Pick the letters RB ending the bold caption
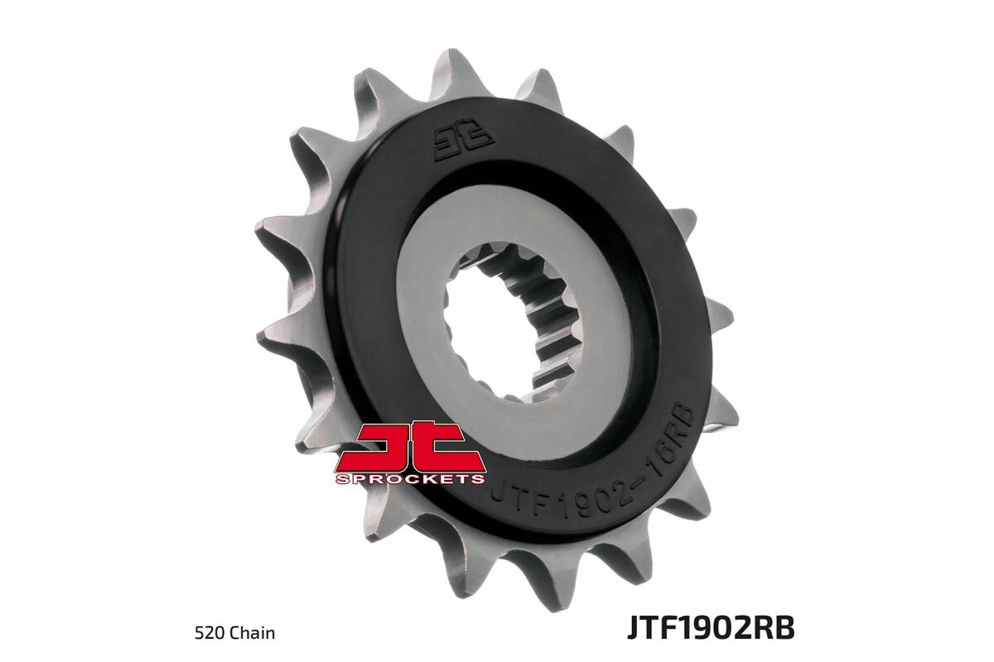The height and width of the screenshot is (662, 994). [775, 627]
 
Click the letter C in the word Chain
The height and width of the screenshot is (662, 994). [240, 634]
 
